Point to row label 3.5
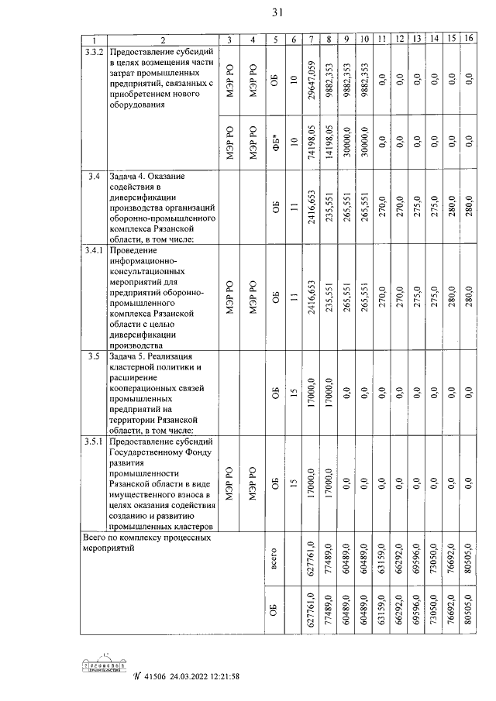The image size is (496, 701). coord(92,356)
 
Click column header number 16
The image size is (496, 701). coord(468,39)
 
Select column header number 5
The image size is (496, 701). coord(274,39)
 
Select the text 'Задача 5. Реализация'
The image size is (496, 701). coord(153,356)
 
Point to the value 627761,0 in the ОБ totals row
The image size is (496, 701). coord(311,612)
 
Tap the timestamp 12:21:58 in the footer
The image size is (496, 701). coord(218,676)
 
